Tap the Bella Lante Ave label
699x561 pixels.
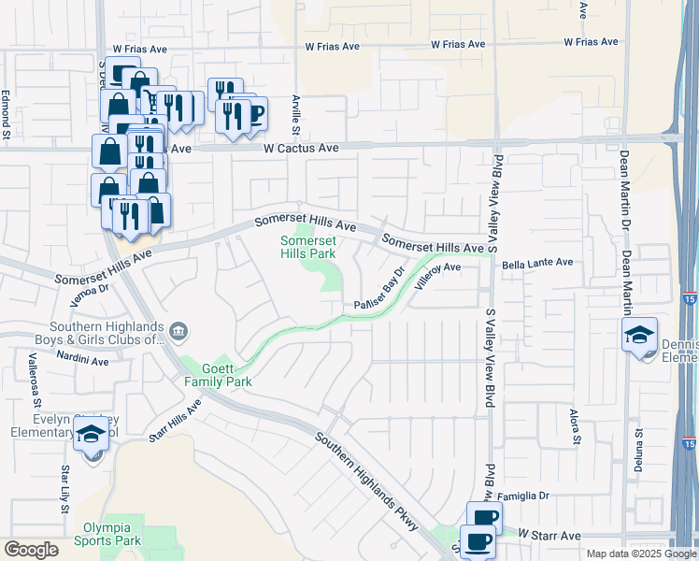point(537,264)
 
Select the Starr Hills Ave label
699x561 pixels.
point(175,419)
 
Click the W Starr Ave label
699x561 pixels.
point(550,535)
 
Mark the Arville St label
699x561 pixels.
point(295,113)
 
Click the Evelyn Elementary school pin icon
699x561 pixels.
point(92,436)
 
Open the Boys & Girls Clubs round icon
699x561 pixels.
point(178,329)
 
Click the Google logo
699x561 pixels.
point(32,550)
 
